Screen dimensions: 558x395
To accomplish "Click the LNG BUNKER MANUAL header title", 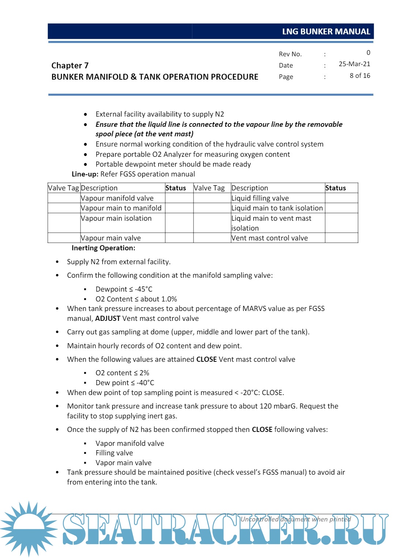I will click(x=326, y=32).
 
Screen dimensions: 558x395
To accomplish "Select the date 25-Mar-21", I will click(x=354, y=64).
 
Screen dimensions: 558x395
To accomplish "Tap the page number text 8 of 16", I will click(x=360, y=76).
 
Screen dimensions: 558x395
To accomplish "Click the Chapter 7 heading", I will click(x=70, y=65).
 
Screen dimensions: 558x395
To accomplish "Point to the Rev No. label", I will click(x=290, y=54).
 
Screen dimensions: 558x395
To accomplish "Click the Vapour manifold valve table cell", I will click(x=117, y=198).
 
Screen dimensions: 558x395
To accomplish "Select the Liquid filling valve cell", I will click(x=260, y=198).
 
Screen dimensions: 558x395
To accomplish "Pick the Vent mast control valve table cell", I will click(x=270, y=238).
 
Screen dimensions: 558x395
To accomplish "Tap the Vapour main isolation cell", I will click(x=116, y=218).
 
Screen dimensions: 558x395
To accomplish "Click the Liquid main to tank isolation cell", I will click(x=277, y=208).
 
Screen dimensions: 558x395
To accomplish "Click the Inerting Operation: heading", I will click(x=103, y=248).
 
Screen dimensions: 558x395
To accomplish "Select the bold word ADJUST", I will click(x=108, y=318).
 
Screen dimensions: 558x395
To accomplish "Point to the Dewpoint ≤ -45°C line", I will click(x=124, y=289).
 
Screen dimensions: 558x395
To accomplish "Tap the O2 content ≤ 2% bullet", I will click(x=122, y=373).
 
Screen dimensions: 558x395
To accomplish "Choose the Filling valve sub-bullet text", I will click(x=114, y=453).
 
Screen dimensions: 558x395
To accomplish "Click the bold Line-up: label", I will click(x=85, y=174).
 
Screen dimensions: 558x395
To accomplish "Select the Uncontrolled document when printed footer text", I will click(x=296, y=519).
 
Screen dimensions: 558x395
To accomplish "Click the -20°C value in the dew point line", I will click(x=250, y=392).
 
